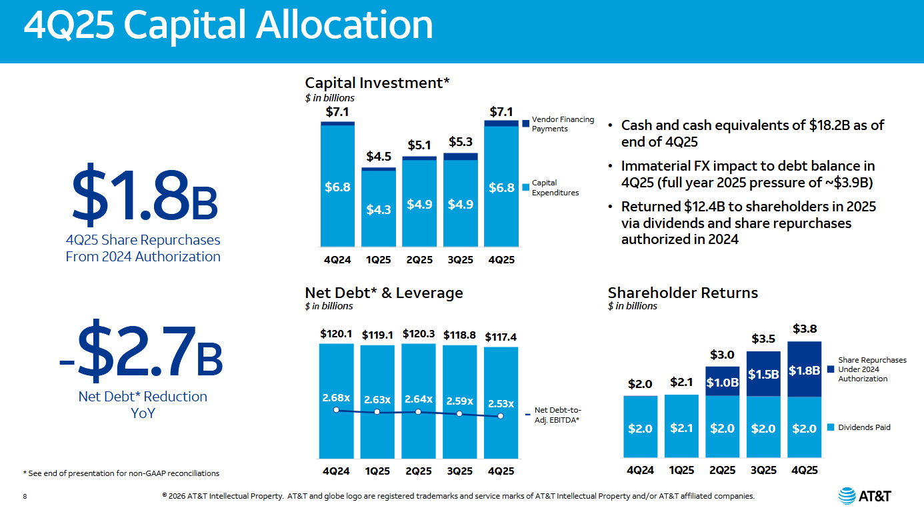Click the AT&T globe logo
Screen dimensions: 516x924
(x=847, y=495)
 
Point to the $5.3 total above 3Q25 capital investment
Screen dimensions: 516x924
(x=460, y=142)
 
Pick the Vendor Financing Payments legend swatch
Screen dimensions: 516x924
(x=525, y=123)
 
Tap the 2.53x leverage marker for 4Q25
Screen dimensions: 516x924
(x=501, y=416)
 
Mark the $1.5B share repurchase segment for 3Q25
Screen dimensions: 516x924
(x=763, y=374)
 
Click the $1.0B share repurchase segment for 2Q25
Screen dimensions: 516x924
(x=722, y=382)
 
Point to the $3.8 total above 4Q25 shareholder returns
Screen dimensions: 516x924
(x=804, y=329)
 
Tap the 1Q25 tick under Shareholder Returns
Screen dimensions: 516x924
(x=681, y=471)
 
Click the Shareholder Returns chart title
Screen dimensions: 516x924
(x=683, y=293)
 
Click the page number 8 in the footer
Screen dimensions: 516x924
(x=25, y=496)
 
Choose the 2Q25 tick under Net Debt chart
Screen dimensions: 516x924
(x=418, y=471)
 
